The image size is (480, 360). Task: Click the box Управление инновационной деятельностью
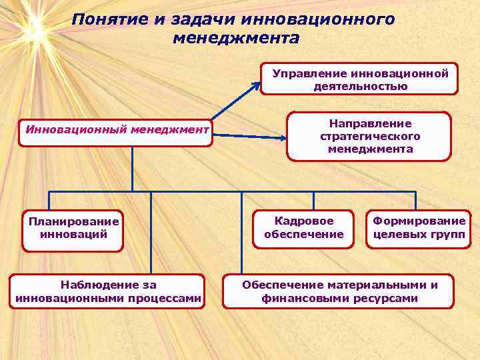360,79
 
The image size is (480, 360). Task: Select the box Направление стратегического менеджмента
370,136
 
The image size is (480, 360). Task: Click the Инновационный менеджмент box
117,128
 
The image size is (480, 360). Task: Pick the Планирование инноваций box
73,227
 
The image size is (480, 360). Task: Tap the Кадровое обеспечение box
303,227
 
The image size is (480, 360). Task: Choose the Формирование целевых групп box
418,227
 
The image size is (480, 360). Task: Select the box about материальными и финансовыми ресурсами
339,291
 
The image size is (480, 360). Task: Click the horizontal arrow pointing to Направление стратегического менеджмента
250,136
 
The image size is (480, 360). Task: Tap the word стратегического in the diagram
370,136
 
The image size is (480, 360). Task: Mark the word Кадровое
303,221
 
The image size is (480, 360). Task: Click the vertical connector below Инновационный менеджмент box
132,167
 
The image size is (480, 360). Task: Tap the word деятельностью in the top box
360,86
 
